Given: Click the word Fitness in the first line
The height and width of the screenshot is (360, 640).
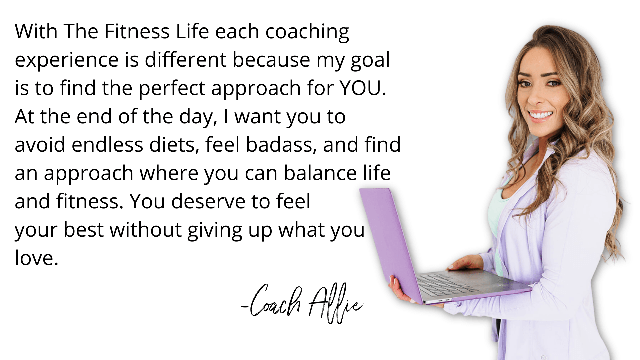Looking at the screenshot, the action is (137, 31).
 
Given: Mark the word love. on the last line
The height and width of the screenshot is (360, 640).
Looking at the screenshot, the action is (37, 258).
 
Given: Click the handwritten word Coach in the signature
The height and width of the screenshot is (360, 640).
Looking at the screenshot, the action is (275, 300).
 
